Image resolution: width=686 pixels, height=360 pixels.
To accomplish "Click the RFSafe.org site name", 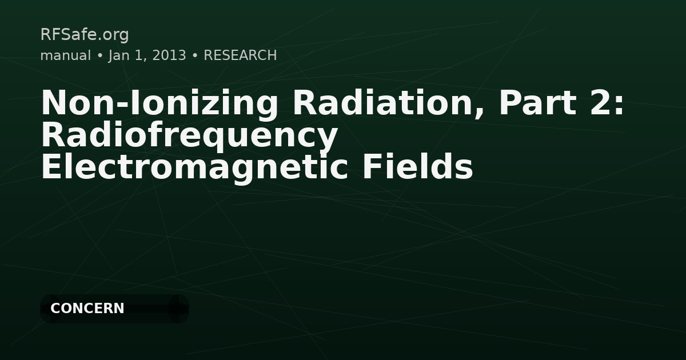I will click(x=85, y=35).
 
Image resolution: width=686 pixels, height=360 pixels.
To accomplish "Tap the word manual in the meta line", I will click(x=65, y=55).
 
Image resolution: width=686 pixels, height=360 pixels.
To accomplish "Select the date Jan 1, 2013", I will click(x=147, y=55).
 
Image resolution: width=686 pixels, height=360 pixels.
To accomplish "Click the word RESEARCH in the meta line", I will click(x=240, y=55).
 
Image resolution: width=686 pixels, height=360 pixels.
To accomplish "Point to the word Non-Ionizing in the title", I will click(x=159, y=103).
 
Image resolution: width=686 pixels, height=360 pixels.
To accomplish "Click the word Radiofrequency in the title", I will click(x=189, y=136).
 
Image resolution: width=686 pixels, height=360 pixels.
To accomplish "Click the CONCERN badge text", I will click(x=87, y=309).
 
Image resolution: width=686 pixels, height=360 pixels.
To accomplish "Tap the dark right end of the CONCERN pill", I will click(x=178, y=309).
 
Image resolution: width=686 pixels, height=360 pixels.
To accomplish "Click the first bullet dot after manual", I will click(x=99, y=56).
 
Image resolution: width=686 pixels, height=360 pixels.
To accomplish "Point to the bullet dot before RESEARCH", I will click(x=195, y=56).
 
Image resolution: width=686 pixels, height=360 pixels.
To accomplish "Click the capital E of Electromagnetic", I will click(x=50, y=168).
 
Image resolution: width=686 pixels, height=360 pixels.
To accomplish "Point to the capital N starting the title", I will click(x=52, y=103).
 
